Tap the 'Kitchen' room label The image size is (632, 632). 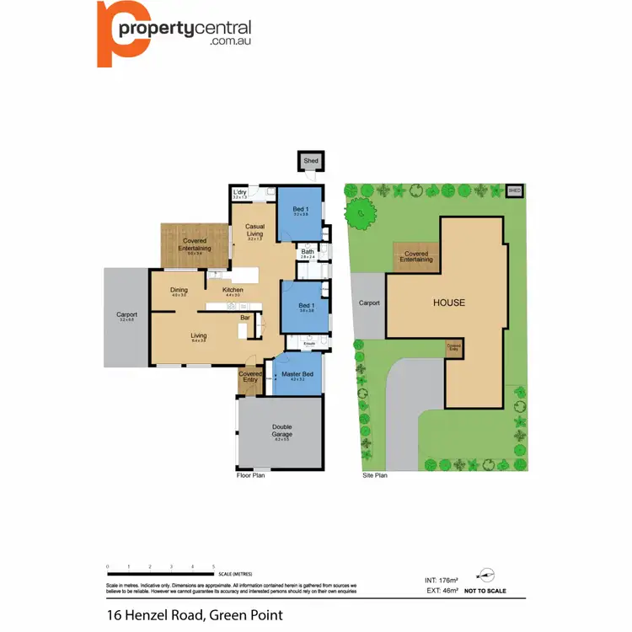[233, 291]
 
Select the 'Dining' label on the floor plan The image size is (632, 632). [179, 291]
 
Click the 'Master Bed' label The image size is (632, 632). [297, 373]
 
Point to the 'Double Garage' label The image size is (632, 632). [281, 430]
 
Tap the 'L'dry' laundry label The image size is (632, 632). [239, 194]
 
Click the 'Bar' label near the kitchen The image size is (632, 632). [244, 318]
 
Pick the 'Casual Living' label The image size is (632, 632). [255, 230]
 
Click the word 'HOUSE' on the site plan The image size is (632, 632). [448, 303]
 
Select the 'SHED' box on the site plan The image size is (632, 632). [515, 191]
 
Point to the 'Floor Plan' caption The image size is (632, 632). [251, 476]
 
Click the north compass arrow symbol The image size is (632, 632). [485, 575]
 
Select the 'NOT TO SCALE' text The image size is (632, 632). [485, 592]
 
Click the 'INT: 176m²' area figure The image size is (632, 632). [442, 580]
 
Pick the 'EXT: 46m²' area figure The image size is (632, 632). [442, 591]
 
